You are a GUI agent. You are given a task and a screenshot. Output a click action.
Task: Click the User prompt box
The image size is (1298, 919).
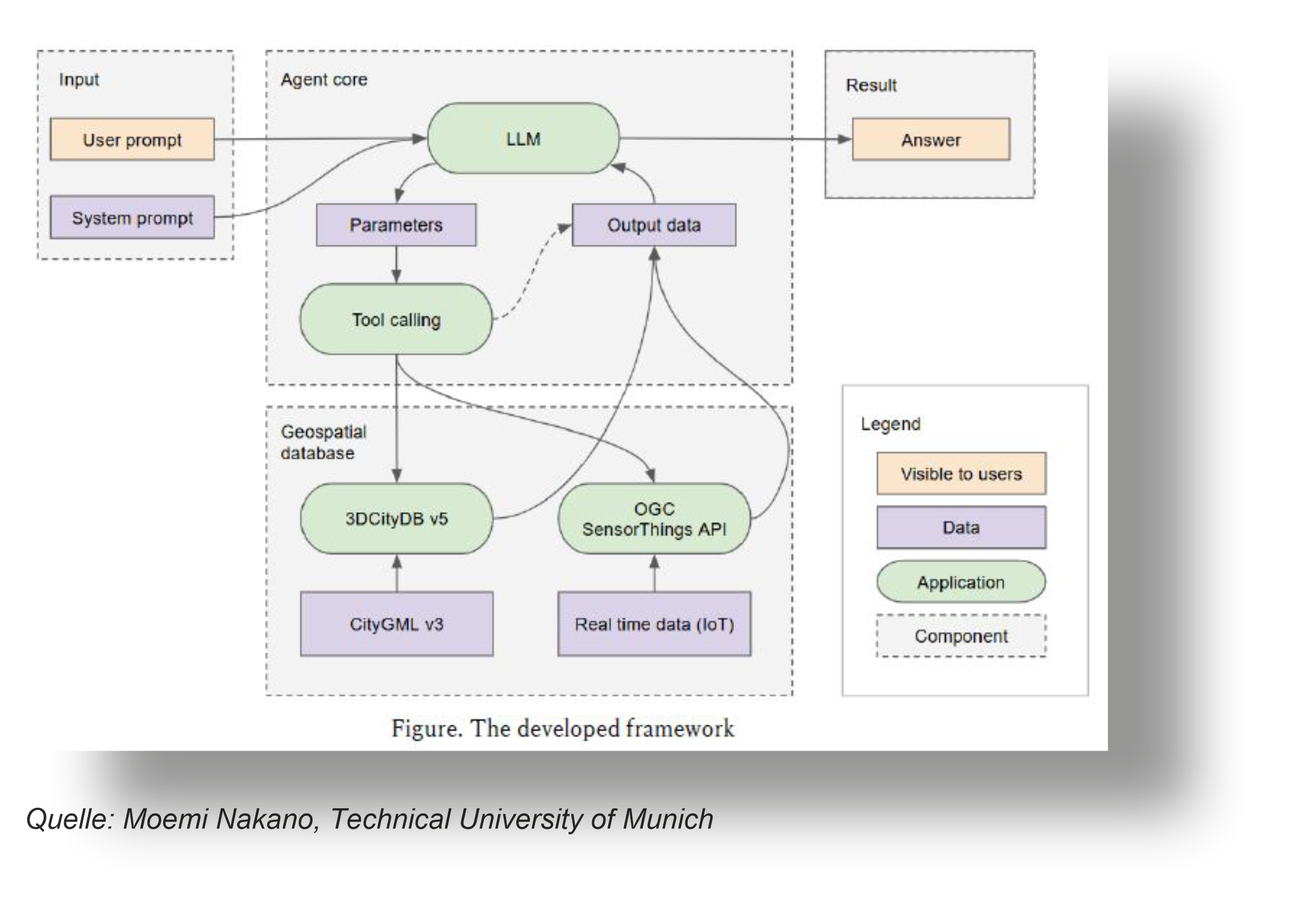tap(132, 140)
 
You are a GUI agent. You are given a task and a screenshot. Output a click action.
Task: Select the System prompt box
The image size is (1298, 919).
tap(132, 218)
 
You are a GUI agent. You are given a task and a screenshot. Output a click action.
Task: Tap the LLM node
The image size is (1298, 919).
tap(523, 139)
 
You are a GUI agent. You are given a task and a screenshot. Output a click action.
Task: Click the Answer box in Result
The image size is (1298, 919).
tap(931, 140)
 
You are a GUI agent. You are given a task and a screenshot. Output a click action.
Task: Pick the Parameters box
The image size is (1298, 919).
tap(396, 225)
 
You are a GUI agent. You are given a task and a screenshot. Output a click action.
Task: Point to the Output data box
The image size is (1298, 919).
tap(654, 225)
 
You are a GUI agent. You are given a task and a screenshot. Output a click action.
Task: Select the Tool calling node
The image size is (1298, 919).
tap(396, 320)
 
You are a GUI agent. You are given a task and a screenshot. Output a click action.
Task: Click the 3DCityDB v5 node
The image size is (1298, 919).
tap(397, 518)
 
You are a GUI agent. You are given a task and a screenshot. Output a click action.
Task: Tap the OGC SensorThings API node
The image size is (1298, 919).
tap(654, 518)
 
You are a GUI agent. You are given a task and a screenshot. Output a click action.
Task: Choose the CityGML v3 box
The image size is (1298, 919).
tap(397, 624)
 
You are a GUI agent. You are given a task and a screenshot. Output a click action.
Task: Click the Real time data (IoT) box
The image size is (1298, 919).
tap(654, 624)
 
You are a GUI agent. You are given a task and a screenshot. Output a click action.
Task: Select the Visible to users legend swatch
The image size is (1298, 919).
tap(961, 474)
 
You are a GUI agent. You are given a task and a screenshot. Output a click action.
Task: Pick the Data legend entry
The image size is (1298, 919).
tap(961, 528)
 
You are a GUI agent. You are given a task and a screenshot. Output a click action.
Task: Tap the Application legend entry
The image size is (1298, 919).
tap(961, 582)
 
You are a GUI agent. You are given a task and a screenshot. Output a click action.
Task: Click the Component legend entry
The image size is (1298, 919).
tap(961, 636)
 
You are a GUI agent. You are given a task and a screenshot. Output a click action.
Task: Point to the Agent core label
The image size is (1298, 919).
tap(324, 79)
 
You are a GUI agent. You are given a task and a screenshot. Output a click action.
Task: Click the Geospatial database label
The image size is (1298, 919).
tap(323, 442)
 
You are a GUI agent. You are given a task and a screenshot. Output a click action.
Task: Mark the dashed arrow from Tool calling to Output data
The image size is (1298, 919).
tap(530, 272)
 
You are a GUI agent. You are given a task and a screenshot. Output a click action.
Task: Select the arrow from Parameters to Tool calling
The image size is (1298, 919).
tap(397, 265)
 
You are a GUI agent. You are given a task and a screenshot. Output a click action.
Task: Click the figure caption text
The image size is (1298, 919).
tap(563, 728)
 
